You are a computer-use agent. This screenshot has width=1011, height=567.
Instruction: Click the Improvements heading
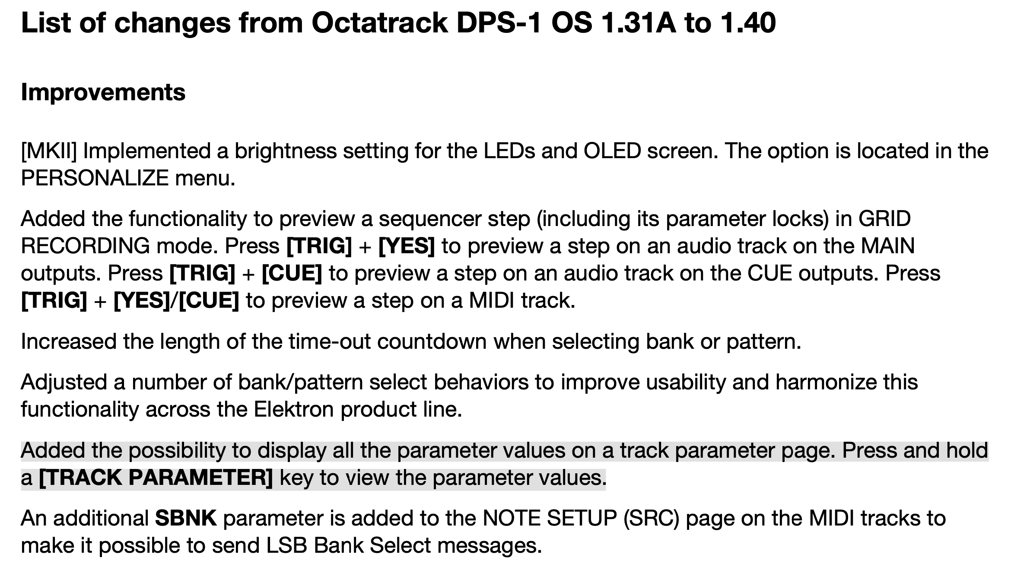103,92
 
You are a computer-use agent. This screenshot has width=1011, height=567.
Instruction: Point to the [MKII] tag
49,151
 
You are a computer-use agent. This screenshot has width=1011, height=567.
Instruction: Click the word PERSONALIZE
95,178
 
